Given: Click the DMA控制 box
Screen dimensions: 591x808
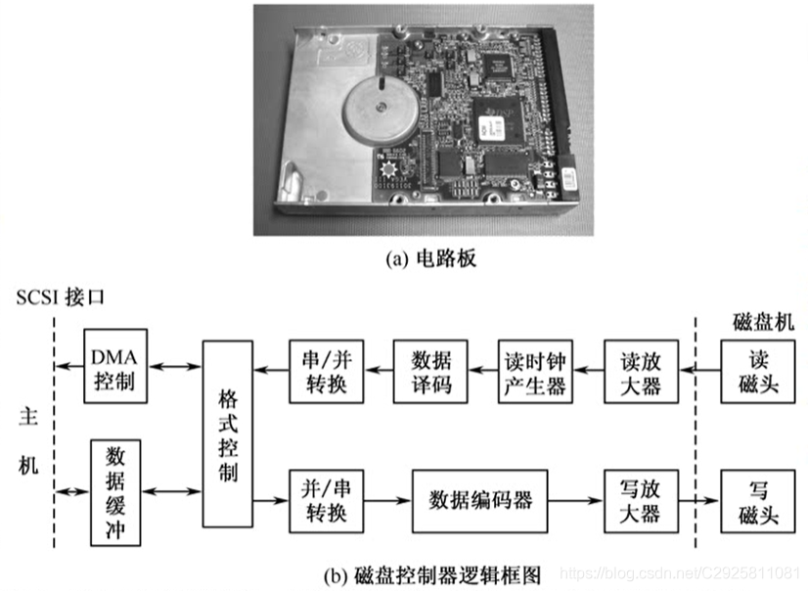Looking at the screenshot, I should (115, 366).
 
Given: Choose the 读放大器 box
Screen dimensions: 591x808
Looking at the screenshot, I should (639, 371).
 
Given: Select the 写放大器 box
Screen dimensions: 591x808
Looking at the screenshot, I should (639, 499).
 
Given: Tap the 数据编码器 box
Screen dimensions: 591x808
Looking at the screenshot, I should (479, 499).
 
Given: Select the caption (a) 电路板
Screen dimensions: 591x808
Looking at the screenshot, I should (403, 260).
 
